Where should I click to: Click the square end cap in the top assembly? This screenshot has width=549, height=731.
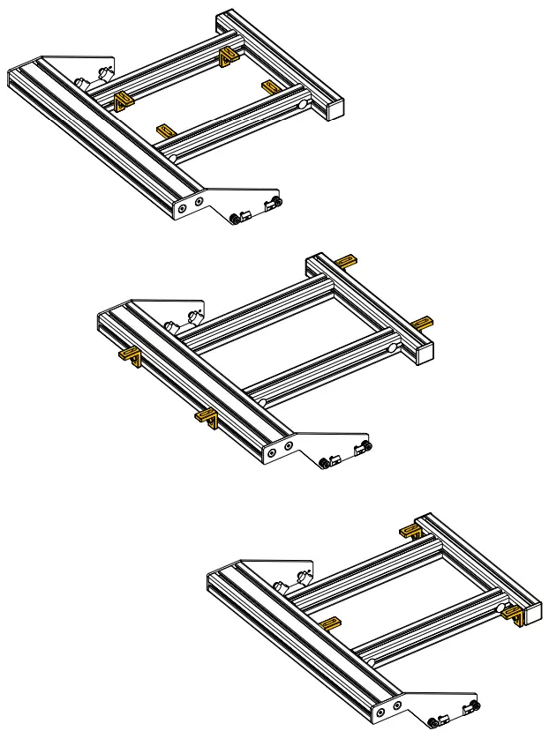(x=334, y=108)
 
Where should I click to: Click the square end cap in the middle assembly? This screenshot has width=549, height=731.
(x=423, y=353)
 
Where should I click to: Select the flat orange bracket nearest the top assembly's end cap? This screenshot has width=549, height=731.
(x=270, y=86)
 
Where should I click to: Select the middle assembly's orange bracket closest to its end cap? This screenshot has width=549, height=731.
(x=423, y=323)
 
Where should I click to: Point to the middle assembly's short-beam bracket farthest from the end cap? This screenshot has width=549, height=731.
(x=348, y=260)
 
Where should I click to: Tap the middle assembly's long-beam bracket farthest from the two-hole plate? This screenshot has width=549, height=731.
(x=131, y=357)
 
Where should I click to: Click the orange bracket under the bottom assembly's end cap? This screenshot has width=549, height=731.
(x=514, y=615)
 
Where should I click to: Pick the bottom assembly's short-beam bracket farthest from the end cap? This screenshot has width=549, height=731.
(x=410, y=531)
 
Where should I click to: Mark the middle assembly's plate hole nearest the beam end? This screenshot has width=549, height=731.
(x=272, y=452)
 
